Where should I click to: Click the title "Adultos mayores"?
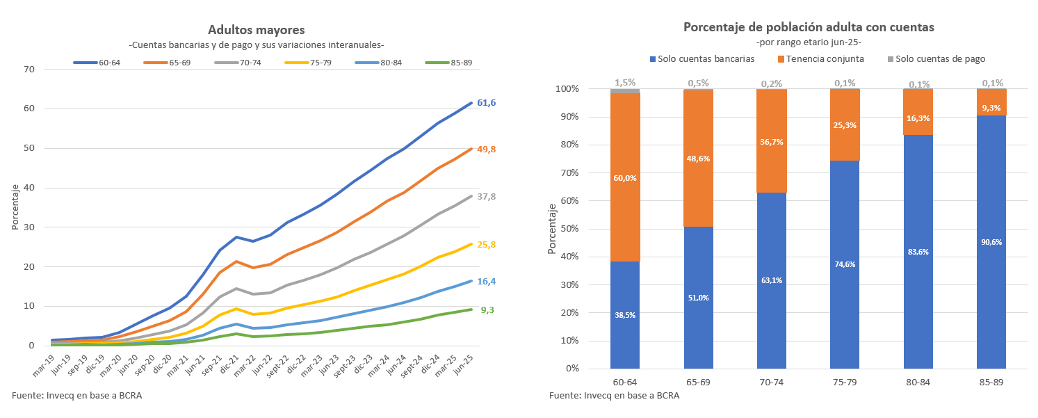point(257,30)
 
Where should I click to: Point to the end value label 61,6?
point(486,103)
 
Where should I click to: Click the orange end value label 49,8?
point(486,149)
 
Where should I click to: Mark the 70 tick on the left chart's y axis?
point(29,69)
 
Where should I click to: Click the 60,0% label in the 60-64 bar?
point(625,178)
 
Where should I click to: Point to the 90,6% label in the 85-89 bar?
point(991,242)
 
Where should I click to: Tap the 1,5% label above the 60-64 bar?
point(625,83)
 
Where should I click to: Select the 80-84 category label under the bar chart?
point(918,383)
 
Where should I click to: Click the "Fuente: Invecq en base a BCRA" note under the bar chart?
point(614,396)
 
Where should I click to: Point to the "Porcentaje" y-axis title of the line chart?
point(15,207)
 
